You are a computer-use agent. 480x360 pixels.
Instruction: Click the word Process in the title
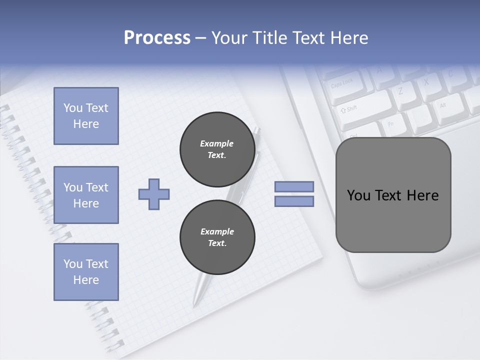[157, 38]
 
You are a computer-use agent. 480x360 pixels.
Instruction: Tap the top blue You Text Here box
[86, 116]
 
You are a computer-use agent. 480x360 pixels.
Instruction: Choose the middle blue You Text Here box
[86, 195]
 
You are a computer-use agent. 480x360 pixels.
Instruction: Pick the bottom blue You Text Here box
[86, 272]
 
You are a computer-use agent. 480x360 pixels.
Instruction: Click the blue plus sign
[154, 194]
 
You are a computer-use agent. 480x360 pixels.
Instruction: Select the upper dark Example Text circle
[217, 149]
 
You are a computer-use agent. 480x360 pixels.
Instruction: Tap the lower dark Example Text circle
[217, 237]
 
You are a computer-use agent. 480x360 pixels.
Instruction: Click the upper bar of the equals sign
[294, 186]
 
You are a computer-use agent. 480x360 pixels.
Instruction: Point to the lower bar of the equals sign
[294, 201]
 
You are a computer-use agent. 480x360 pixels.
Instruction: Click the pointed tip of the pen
[194, 304]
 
